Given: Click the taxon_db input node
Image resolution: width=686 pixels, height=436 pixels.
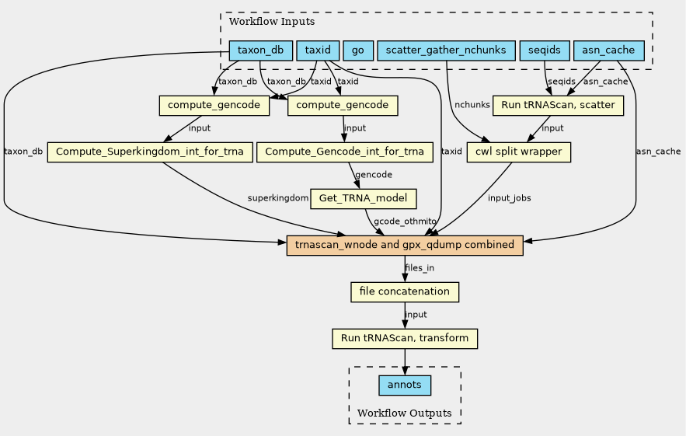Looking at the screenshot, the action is click(x=261, y=51).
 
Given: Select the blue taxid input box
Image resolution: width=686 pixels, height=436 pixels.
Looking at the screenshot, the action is click(x=318, y=51).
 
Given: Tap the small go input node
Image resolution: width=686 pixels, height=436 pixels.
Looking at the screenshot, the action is click(x=358, y=51).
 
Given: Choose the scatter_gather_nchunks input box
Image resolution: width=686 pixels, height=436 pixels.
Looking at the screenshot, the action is click(x=446, y=51).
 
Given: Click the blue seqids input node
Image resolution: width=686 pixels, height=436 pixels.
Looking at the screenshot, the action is click(x=545, y=51).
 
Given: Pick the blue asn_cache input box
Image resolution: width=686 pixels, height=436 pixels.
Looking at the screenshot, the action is click(x=608, y=51).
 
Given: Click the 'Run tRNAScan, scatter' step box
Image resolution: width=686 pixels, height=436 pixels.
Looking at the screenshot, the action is click(x=558, y=106).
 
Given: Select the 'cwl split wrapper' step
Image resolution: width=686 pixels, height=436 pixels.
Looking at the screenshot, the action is click(x=518, y=152).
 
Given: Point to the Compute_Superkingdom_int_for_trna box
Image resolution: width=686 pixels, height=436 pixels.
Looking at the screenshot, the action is click(x=150, y=152).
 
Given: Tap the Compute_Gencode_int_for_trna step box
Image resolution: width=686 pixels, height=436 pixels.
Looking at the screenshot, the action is click(x=344, y=152).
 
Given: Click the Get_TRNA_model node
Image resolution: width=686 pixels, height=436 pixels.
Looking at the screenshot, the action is click(x=363, y=199).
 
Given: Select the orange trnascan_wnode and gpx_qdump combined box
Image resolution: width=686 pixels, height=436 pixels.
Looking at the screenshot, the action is click(x=405, y=245).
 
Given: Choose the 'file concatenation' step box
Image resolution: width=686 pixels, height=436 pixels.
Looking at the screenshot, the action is click(x=405, y=292).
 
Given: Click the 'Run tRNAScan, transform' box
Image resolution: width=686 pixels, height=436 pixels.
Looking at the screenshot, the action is click(x=405, y=339).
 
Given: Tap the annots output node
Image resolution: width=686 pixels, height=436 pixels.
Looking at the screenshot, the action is click(x=405, y=385).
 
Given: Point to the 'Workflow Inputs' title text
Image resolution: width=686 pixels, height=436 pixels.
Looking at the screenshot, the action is click(x=272, y=22).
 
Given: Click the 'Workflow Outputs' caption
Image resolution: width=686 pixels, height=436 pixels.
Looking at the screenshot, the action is click(x=404, y=413).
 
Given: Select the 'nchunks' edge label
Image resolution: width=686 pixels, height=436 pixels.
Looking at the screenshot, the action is click(x=472, y=105).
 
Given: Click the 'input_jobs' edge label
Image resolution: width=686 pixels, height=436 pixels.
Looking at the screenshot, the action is click(x=509, y=198).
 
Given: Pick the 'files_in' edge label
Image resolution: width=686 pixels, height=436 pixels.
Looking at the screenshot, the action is click(x=420, y=268).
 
